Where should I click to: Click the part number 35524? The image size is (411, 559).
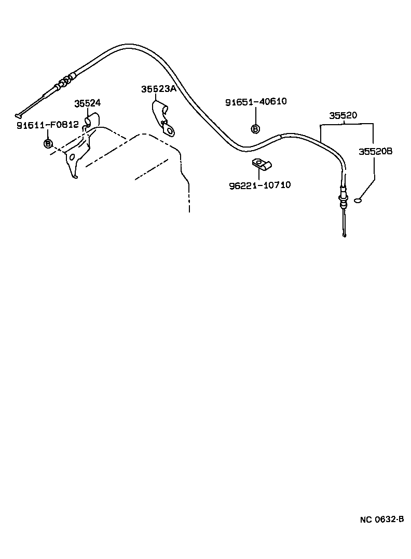point(87,103)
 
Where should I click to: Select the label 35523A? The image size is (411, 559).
point(158,89)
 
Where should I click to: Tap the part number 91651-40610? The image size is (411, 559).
point(256,101)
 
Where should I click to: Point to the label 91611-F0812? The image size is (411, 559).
point(47,124)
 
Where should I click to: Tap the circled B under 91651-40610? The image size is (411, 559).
point(255,129)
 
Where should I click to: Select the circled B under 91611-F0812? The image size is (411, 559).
point(48,143)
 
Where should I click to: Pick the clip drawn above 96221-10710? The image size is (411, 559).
point(262,165)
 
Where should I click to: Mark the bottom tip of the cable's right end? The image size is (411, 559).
point(344,236)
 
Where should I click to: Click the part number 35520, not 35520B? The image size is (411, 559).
point(342,115)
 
